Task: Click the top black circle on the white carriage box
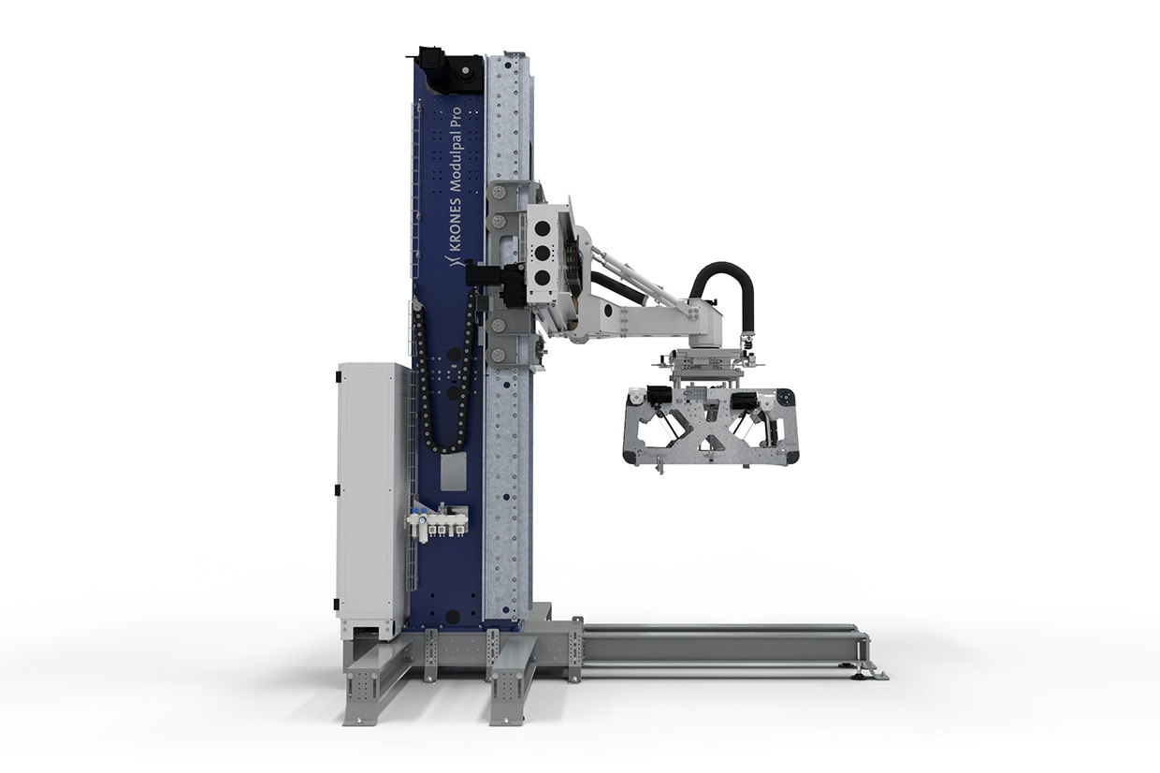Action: [x=543, y=229]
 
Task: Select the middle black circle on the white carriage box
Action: [x=543, y=254]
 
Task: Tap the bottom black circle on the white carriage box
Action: [x=543, y=278]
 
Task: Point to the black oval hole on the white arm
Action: [x=608, y=312]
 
